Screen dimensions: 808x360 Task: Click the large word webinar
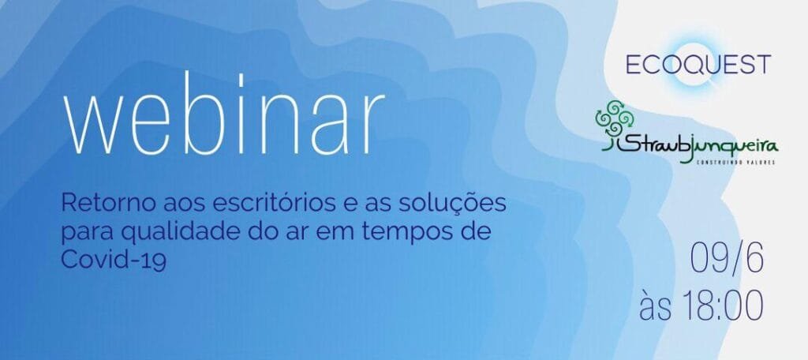223,115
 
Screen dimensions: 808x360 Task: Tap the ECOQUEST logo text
698,64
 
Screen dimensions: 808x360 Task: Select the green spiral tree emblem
614,118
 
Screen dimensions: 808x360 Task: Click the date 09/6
727,259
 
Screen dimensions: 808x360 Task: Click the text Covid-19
114,260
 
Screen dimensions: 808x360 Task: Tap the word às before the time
656,306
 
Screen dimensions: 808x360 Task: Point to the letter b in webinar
208,115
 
